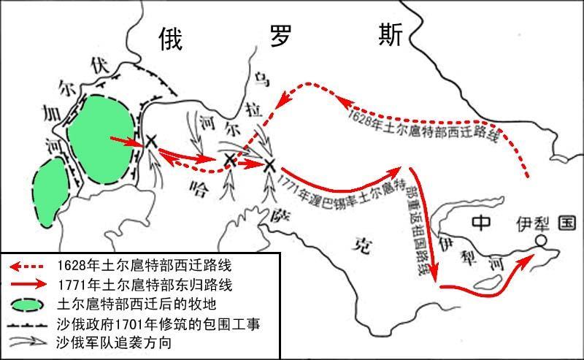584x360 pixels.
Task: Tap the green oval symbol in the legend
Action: tap(26, 302)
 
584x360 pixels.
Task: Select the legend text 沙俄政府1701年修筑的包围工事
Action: tap(158, 323)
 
